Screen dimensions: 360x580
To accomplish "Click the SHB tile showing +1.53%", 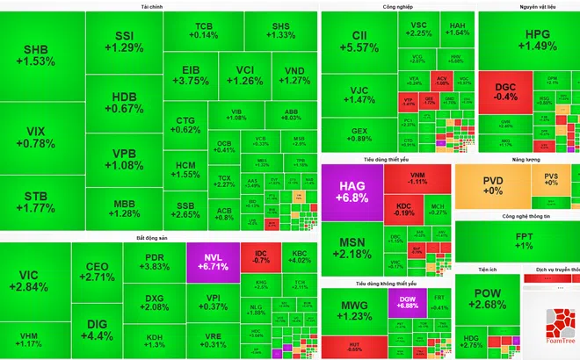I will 40,55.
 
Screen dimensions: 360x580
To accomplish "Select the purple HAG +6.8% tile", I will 352,192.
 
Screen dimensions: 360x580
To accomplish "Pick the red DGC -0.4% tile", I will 505,91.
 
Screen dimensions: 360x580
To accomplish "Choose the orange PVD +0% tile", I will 493,184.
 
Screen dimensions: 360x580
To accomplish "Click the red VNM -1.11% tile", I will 417,177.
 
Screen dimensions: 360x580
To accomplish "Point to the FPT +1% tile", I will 524,241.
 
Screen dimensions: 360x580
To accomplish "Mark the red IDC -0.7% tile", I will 260,256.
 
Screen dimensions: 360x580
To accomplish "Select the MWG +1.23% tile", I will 352,310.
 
